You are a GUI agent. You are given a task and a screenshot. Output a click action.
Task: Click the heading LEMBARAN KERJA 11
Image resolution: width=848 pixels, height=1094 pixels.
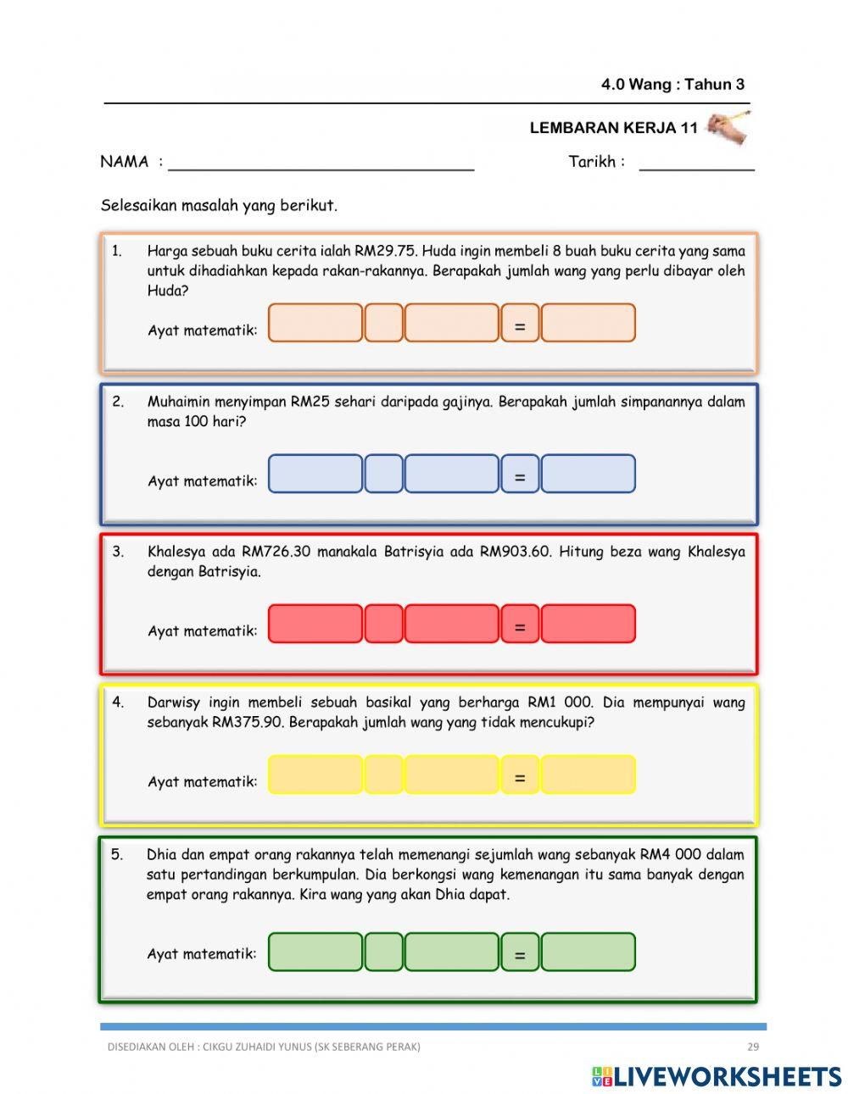point(613,128)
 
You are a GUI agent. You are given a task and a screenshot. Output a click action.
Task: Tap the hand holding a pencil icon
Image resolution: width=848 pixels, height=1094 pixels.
point(728,126)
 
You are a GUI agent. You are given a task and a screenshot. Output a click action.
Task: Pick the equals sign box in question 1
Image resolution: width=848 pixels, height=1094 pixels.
point(520,324)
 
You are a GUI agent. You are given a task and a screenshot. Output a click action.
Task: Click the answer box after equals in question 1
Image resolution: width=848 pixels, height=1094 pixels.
point(588,324)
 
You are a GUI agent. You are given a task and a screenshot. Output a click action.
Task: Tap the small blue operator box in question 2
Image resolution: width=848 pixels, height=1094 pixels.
point(383,474)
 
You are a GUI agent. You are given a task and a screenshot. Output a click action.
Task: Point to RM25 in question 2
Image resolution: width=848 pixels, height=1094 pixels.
point(310,402)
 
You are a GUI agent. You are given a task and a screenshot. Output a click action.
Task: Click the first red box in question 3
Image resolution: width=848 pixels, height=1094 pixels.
point(315,625)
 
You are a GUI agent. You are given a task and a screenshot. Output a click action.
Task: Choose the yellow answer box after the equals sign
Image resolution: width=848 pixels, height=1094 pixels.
point(588,775)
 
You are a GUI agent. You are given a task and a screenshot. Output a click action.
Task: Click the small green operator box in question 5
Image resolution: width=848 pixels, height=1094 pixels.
point(383,952)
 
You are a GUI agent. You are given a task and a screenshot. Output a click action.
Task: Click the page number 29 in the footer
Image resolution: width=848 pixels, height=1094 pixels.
point(753,1047)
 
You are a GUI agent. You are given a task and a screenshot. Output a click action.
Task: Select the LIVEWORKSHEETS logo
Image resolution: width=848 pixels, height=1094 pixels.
point(717,1076)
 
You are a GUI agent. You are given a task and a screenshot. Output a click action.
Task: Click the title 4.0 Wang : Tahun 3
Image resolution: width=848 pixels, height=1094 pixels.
point(672,84)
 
